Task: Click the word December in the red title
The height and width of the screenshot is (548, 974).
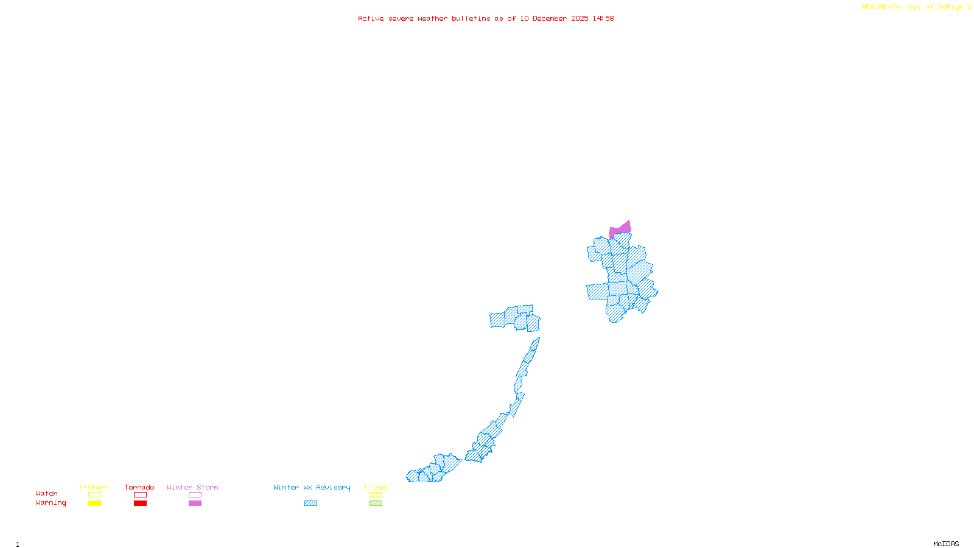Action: click(550, 18)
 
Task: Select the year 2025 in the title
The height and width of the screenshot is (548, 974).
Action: click(580, 18)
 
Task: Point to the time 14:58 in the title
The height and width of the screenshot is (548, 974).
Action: click(603, 18)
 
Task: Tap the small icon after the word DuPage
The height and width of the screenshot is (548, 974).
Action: click(969, 7)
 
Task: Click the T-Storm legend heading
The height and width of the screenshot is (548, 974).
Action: click(94, 487)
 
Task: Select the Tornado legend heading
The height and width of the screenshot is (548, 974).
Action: click(139, 487)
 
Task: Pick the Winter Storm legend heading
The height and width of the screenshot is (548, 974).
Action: click(192, 487)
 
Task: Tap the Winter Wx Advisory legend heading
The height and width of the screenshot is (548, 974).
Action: click(312, 487)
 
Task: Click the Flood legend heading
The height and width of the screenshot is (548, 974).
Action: click(376, 487)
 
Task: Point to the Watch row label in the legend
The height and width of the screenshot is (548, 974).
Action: click(47, 493)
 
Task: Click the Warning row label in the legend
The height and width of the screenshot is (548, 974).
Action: click(51, 503)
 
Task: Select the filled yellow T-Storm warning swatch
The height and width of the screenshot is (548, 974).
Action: click(94, 504)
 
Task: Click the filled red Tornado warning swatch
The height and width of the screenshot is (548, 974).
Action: click(140, 504)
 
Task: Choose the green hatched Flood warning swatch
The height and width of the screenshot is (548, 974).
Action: click(376, 504)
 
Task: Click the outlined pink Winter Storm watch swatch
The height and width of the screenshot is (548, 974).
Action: click(195, 495)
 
